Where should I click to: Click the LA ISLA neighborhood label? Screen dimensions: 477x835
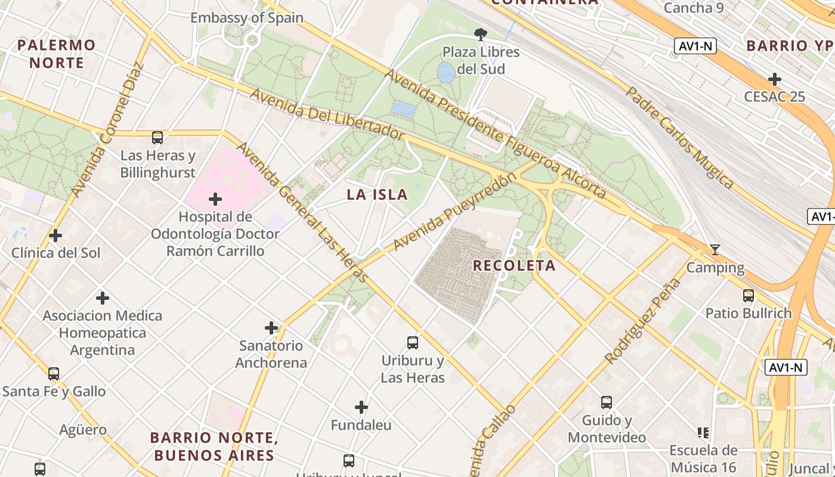coord(378,194)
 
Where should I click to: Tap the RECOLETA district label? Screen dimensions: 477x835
coord(514,265)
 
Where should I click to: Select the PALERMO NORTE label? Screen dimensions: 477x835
coord(57,54)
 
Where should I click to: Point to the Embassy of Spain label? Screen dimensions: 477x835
coord(247,18)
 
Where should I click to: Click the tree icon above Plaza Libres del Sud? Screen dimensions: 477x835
coord(480,34)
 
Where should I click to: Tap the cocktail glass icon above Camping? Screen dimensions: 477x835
coord(715,250)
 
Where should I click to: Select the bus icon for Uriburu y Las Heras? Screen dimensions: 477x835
coord(413,343)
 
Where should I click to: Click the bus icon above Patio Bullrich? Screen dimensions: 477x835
coord(749,295)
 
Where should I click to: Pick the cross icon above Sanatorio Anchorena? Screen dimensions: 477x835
coord(271,328)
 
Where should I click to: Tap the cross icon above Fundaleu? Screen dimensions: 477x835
coord(361,407)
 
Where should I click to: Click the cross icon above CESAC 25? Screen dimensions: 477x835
coord(775,79)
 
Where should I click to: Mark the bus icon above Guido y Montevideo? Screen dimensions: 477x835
coord(607,402)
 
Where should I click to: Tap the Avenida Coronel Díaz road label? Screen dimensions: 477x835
coord(107,130)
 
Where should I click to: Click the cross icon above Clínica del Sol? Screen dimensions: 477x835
coord(55,236)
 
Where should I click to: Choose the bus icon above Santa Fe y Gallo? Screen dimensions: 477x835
coord(54,374)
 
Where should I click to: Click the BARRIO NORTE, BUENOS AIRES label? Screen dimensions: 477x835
coord(214,447)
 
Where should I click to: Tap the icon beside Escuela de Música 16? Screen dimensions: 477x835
coord(703,432)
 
